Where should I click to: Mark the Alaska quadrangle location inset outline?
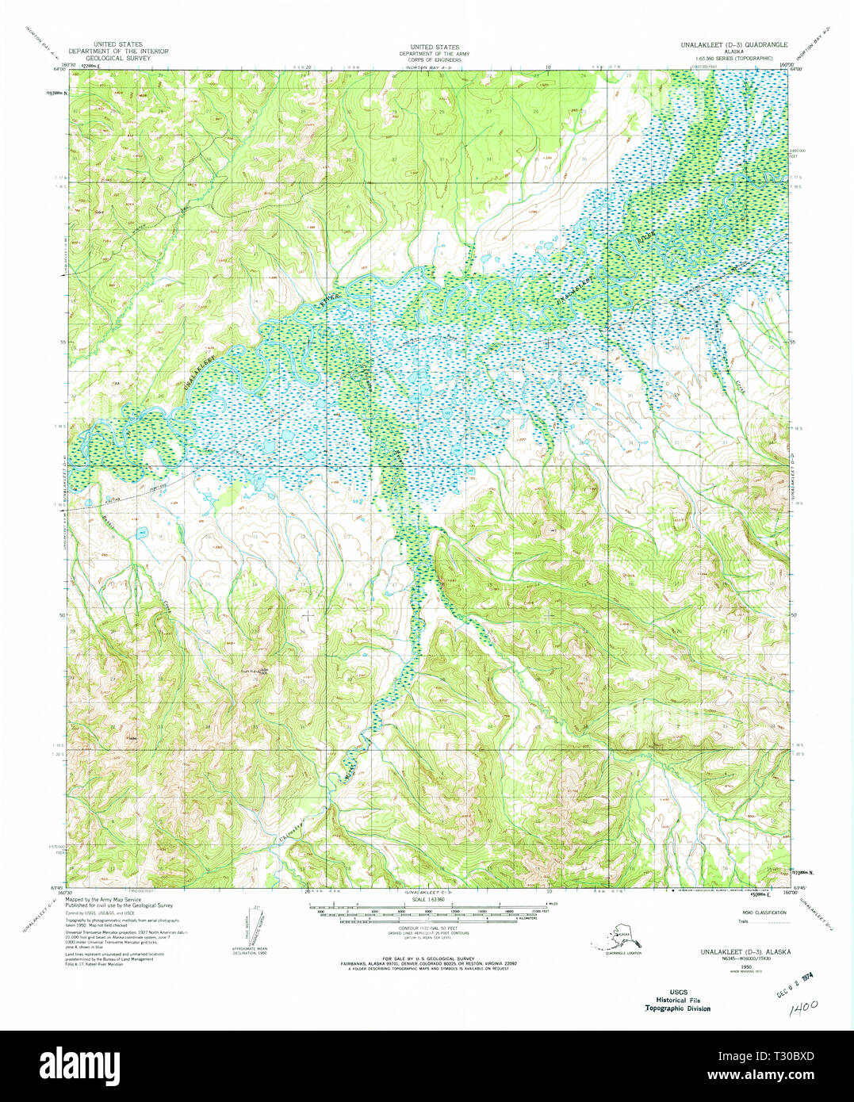pyautogui.click(x=615, y=939)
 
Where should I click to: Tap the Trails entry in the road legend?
pyautogui.click(x=743, y=921)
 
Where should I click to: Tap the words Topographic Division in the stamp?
pyautogui.click(x=677, y=1008)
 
